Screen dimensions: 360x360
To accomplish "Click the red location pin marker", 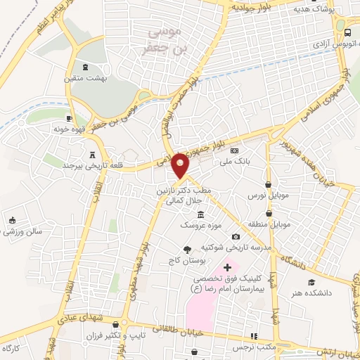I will (181, 165).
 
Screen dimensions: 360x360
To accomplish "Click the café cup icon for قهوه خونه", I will (69, 118).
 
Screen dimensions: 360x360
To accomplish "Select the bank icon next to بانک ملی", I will (235, 150).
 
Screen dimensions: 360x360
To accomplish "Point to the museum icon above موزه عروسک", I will (201, 214).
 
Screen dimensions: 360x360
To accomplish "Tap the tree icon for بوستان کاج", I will (187, 249).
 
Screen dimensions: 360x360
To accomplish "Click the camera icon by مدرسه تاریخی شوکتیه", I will (236, 236).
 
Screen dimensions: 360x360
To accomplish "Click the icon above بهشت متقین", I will (86, 67).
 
